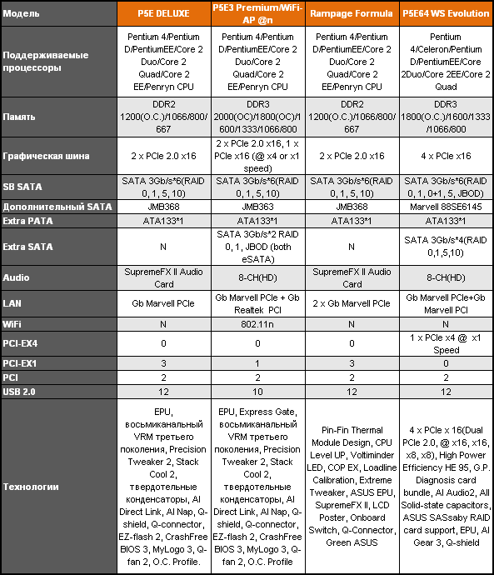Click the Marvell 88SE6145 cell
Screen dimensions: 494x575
(446, 206)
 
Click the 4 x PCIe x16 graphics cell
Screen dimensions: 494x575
(446, 155)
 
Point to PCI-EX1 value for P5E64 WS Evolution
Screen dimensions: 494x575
(446, 363)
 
